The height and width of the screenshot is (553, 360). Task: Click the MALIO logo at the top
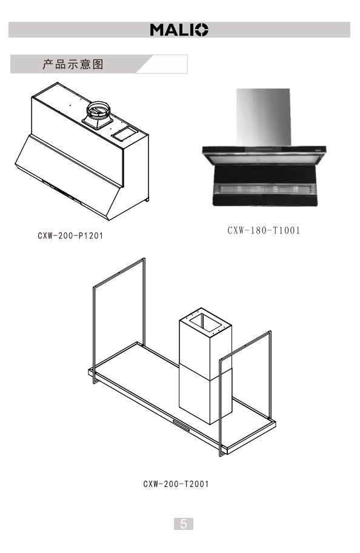[179, 30]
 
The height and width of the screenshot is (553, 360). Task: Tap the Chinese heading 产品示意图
[73, 64]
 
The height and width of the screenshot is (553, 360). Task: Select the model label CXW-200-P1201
[70, 236]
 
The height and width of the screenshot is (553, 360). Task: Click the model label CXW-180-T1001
[264, 230]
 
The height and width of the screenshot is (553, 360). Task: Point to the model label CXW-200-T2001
[176, 484]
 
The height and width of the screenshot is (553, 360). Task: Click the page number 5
[184, 524]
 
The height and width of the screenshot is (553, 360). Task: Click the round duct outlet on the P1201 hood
[98, 110]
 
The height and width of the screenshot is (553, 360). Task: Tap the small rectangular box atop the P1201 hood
[124, 133]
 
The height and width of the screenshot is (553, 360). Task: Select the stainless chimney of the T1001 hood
[264, 117]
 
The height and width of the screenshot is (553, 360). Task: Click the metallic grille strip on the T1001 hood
[264, 189]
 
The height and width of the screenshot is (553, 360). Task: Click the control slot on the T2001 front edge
[181, 425]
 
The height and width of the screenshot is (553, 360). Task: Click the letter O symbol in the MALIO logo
[201, 30]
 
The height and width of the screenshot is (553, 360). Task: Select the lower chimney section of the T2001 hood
[205, 396]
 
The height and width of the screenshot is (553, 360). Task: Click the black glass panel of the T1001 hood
[264, 175]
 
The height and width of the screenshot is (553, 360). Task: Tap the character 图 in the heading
[98, 64]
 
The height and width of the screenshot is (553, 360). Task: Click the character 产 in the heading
[48, 64]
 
